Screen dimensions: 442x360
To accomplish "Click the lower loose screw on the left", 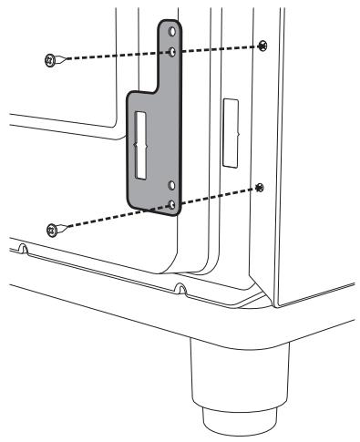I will click(52, 229).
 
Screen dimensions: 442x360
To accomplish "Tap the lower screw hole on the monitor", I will click(260, 188).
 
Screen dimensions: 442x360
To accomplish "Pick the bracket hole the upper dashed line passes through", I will click(173, 53).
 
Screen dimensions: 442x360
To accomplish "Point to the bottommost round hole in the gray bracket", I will click(172, 206).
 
